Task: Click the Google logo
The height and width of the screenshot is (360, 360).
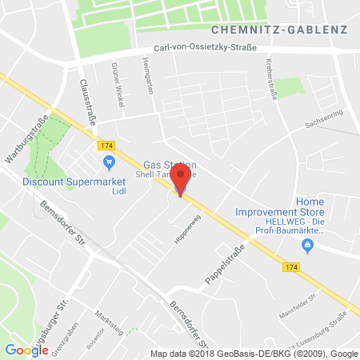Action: [x=26, y=349]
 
